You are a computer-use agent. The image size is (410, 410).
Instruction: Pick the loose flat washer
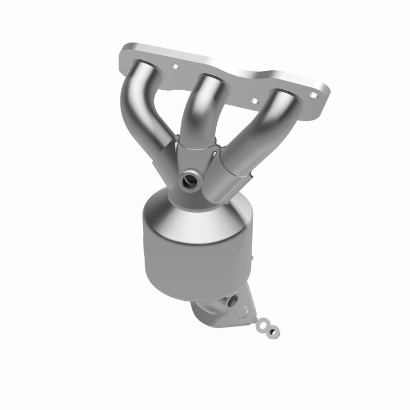(264, 324)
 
